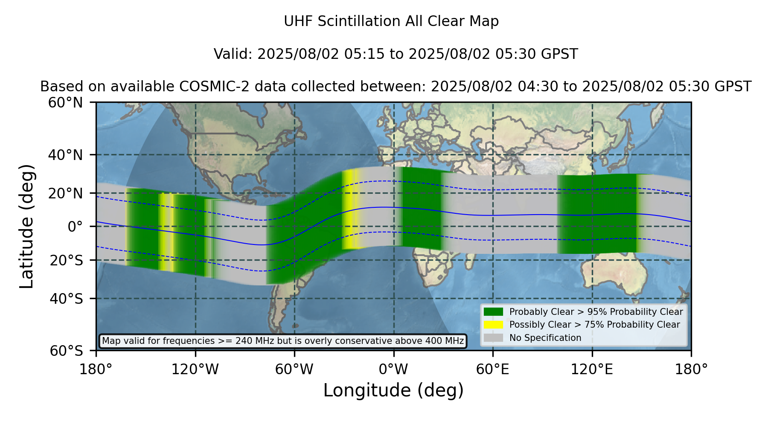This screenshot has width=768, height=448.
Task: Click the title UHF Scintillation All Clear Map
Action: tap(391, 21)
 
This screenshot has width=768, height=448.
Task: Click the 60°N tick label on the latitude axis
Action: tap(65, 103)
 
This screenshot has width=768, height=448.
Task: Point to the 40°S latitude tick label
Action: tap(66, 299)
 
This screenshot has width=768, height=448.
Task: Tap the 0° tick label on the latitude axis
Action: tap(75, 227)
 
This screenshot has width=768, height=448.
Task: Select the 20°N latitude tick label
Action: tap(65, 193)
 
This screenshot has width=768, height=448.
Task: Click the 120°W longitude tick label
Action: tap(195, 369)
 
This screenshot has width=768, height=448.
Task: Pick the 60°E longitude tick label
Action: tap(493, 369)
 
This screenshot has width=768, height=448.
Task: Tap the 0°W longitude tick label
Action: tap(393, 369)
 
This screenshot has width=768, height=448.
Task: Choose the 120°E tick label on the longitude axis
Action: tap(592, 369)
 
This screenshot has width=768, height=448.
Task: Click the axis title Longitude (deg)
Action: tap(393, 390)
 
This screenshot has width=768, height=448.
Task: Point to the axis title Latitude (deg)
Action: tap(26, 226)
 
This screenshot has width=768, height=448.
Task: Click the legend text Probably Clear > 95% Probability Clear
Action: tap(596, 312)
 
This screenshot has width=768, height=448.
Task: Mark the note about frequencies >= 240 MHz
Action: tap(283, 341)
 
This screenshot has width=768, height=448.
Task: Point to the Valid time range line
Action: tap(396, 54)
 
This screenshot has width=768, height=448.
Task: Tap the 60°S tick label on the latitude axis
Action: tap(66, 351)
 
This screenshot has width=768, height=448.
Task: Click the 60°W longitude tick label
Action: tap(294, 369)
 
